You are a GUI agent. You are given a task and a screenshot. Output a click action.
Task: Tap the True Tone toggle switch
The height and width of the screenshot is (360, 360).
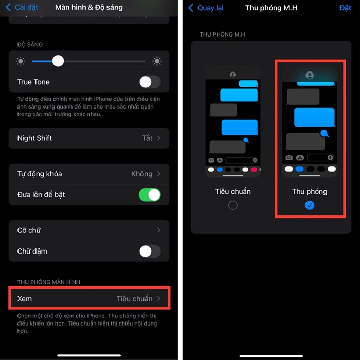coord(150,82)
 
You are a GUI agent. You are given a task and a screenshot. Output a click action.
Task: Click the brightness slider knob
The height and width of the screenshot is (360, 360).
coord(58,61)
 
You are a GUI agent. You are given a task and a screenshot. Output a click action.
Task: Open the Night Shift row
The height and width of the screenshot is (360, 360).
coord(89,138)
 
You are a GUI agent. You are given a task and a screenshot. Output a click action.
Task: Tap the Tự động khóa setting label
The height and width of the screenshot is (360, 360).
coord(40,174)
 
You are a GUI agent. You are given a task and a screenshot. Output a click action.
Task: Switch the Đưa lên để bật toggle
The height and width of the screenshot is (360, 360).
coord(150,195)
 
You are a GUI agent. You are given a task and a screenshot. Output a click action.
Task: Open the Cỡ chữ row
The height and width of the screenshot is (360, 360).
coord(89,230)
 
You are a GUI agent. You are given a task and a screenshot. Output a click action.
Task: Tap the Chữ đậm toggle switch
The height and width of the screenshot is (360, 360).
coord(150,251)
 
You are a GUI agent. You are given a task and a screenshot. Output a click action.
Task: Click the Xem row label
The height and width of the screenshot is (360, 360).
coord(25,298)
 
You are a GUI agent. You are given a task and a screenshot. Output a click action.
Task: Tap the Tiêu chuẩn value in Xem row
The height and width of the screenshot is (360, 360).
coord(134,298)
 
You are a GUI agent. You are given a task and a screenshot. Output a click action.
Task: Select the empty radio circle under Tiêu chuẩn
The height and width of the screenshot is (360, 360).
coord(233,205)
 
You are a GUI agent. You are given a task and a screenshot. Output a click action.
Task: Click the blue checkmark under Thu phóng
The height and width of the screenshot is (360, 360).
coord(310,205)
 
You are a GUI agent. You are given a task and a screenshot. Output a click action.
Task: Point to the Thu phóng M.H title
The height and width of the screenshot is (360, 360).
coord(271,8)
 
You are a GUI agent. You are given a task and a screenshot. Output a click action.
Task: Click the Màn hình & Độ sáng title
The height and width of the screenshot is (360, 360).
coord(89,8)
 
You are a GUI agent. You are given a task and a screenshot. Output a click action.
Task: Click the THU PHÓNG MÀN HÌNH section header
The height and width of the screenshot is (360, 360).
coord(48,282)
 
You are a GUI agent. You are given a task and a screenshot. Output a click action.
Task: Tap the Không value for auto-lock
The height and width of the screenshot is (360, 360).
coord(141,174)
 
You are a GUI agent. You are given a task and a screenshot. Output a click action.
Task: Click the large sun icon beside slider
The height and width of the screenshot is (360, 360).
coord(157,61)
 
